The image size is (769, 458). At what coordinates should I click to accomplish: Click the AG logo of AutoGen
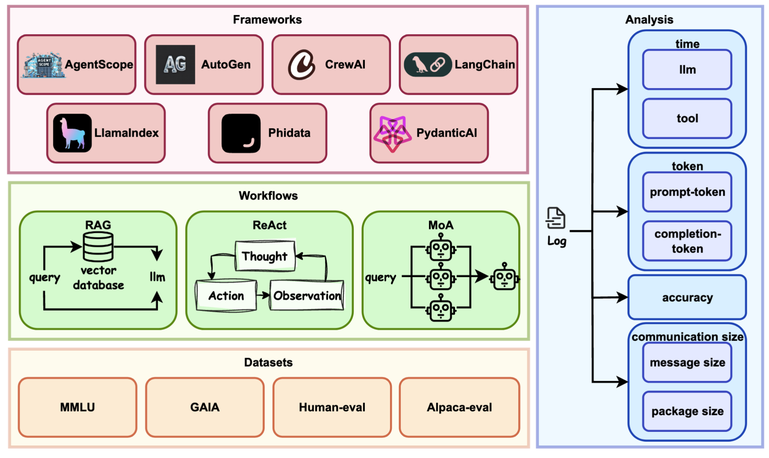point(175,65)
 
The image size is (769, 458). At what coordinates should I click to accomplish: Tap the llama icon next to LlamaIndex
point(72,133)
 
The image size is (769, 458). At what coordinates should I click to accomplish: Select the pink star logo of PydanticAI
point(392,133)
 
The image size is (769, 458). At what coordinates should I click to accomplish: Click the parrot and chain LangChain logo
point(428,65)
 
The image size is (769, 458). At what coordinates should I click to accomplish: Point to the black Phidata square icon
point(241,133)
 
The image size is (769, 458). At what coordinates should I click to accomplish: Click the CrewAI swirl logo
point(302,65)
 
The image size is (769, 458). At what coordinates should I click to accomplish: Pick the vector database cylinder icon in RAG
point(98,247)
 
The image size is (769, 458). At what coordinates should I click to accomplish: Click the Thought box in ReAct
point(265,256)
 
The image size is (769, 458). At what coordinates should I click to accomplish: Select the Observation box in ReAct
point(307,295)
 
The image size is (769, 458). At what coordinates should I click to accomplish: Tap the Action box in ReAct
point(226,295)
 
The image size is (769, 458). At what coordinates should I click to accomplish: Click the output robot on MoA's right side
point(505,277)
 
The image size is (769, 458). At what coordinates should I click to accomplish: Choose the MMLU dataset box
point(77,407)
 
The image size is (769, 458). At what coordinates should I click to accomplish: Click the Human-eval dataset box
point(332,407)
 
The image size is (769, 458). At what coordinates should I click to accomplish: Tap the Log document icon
point(555,218)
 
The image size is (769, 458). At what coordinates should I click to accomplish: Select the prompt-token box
point(687,192)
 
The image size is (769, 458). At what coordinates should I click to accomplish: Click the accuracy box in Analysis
point(687,297)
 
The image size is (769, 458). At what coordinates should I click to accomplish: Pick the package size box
point(687,411)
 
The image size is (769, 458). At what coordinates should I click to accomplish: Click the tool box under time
point(687,118)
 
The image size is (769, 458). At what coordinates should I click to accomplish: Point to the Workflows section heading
point(268,196)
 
